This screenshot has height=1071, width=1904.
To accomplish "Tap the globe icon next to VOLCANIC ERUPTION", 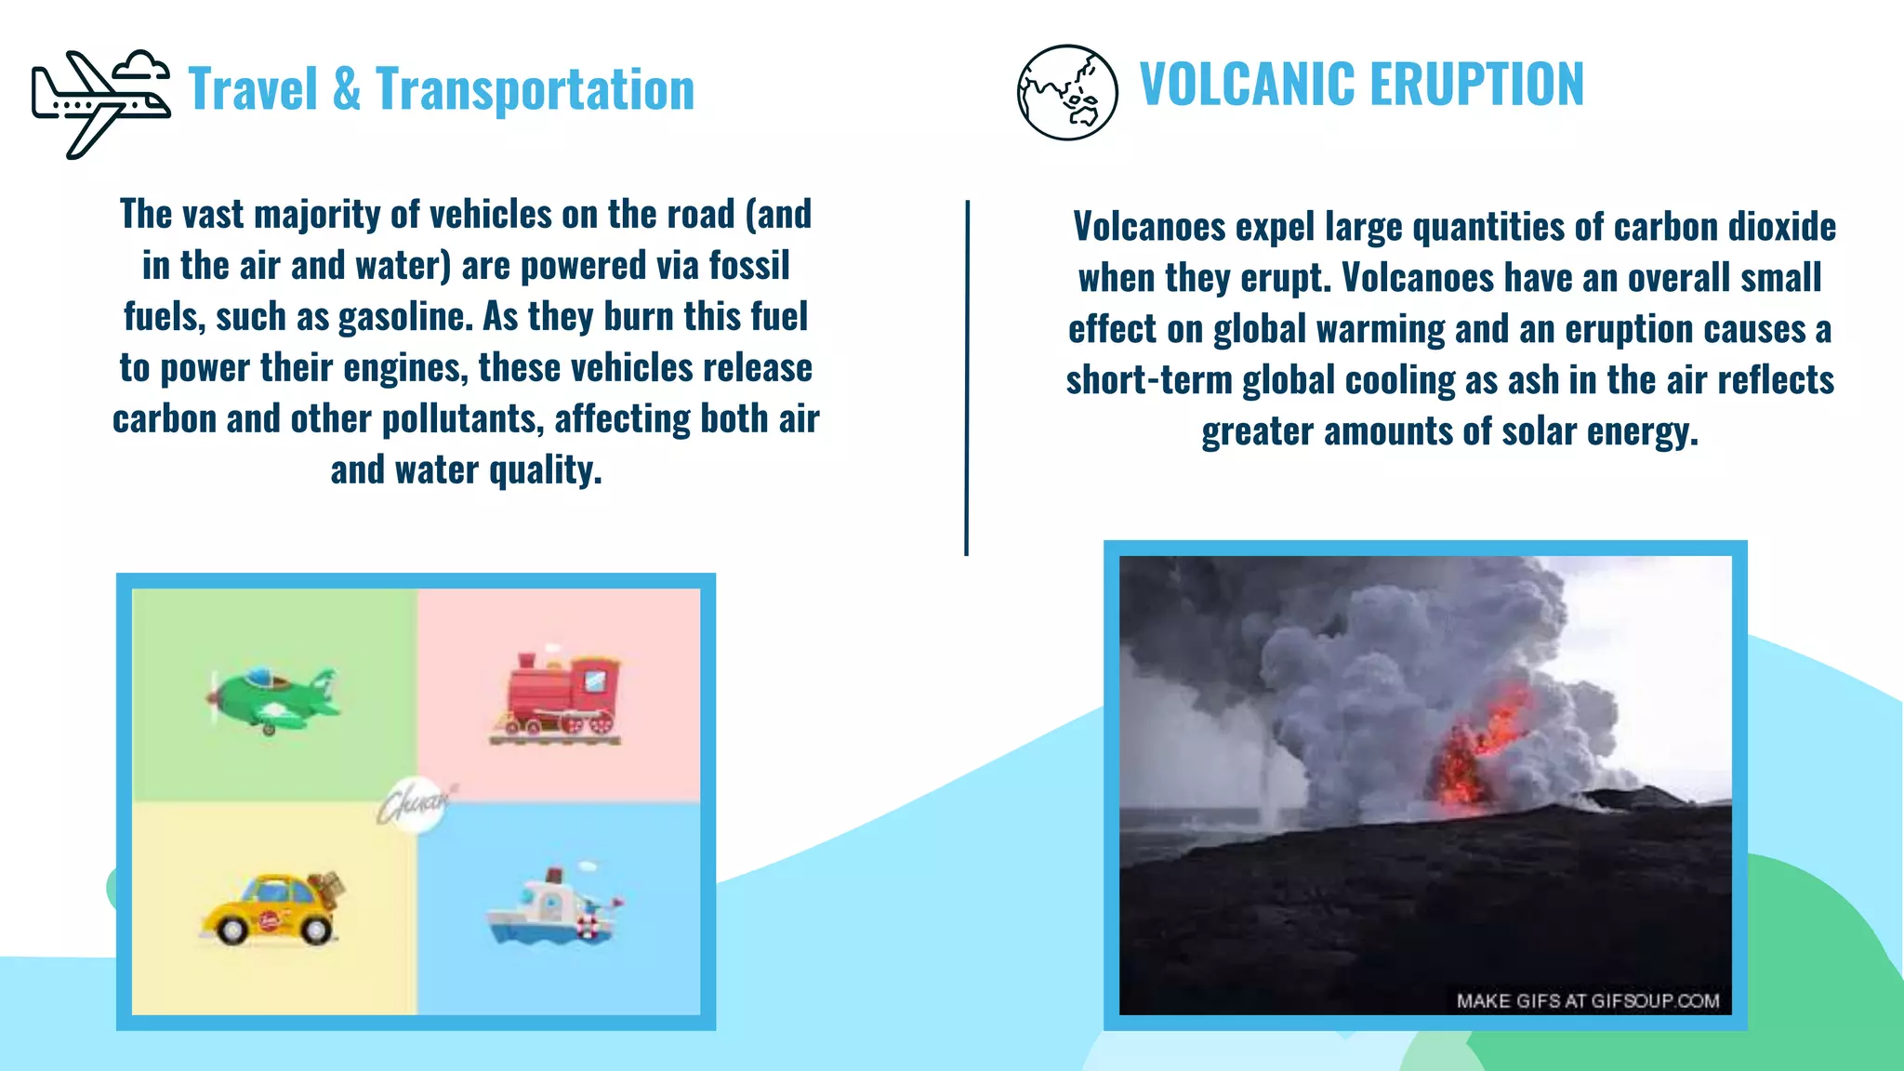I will pos(1066,92).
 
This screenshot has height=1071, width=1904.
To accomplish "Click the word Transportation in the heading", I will pos(535,90).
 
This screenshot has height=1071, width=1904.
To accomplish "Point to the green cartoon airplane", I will pos(271,700).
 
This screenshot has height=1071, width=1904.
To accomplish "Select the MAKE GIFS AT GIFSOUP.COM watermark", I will pos(1587,1001).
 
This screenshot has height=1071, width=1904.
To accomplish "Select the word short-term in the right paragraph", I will pos(1149,380).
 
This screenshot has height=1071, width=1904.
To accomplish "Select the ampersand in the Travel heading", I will pos(346,90).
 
